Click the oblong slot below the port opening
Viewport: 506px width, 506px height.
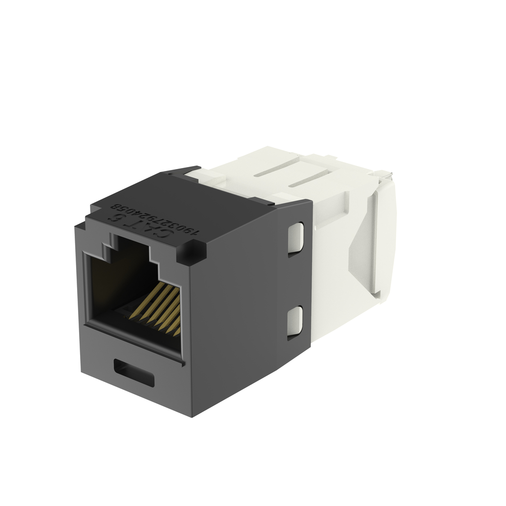(133, 372)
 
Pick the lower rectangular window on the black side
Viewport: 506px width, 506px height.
(295, 322)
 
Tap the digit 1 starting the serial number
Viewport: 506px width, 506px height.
(196, 231)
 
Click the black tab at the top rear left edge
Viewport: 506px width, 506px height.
(183, 171)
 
